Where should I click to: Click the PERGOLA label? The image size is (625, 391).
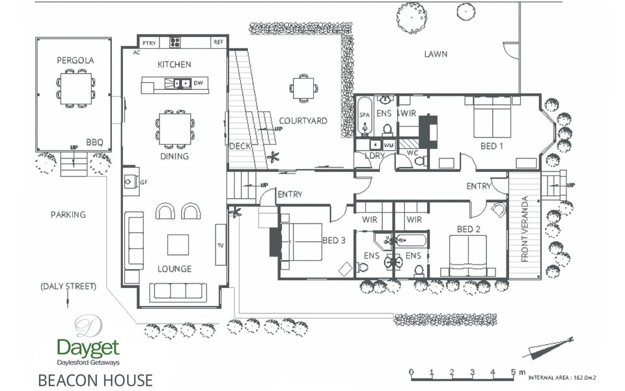point(76,61)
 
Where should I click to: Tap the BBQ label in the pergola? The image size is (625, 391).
point(94,141)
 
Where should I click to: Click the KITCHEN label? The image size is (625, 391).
point(174,65)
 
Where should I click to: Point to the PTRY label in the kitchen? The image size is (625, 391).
point(148,42)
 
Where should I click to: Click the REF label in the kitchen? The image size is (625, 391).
point(218,42)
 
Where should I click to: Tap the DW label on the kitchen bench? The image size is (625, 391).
point(198,83)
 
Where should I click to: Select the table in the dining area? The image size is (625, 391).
point(175,128)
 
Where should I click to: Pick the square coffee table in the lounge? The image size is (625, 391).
point(178,244)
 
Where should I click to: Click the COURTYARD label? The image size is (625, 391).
point(303,121)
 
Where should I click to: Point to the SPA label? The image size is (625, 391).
point(364,115)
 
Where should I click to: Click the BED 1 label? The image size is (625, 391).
point(492,145)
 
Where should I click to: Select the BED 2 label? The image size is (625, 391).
point(469,229)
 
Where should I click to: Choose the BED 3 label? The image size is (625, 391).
point(333,240)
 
